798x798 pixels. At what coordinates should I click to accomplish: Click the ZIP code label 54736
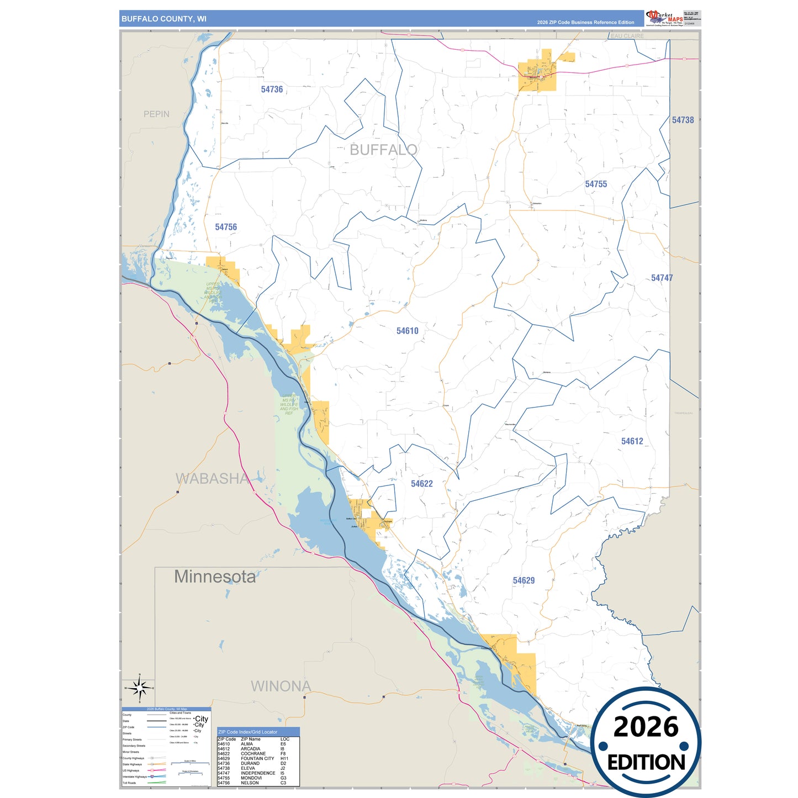pos(272,89)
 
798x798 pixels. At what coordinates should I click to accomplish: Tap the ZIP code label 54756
pos(226,227)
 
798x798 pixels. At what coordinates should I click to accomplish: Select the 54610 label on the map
pos(407,331)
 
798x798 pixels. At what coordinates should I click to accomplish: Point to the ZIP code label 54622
pos(421,484)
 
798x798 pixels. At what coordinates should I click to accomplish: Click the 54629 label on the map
pos(524,580)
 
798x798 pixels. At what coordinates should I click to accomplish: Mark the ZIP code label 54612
pos(632,441)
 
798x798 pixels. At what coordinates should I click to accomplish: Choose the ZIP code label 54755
pos(596,184)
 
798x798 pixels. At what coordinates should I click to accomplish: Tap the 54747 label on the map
pos(662,278)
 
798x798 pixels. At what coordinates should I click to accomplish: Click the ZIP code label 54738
pos(683,120)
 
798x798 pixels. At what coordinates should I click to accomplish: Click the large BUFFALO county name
pos(383,150)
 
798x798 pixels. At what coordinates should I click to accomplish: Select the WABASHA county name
pos(212,479)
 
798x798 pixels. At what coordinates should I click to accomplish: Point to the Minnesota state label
pos(215,577)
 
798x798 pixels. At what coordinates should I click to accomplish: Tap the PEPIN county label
pos(156,114)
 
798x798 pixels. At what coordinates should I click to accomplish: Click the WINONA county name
pos(281,686)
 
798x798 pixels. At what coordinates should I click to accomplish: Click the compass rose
pos(140,688)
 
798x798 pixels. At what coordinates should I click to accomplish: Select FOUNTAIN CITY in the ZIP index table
pos(257,758)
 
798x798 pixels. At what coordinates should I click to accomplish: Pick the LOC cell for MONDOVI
pos(283,778)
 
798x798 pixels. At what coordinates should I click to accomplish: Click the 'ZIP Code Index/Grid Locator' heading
pos(248,732)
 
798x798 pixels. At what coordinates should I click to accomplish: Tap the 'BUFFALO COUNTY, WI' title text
pos(164,19)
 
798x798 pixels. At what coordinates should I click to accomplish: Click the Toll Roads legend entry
pos(129,783)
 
